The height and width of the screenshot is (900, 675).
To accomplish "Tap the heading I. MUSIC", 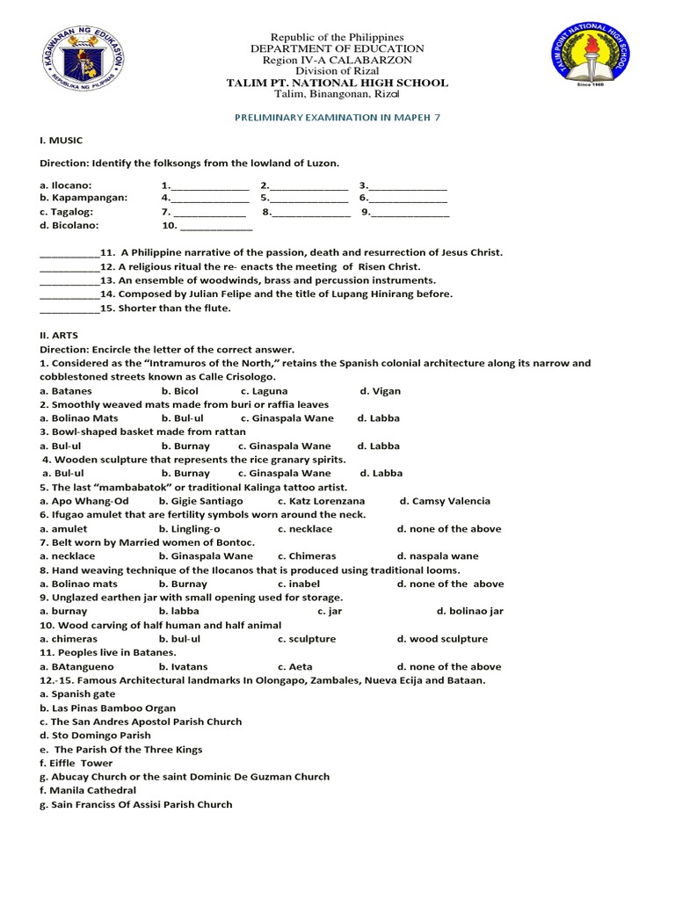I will point(62,140).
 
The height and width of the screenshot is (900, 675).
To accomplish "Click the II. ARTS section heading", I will point(60,335).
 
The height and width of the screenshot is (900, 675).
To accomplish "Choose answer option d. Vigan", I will point(380,390).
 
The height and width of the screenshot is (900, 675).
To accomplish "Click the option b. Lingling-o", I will point(189,528).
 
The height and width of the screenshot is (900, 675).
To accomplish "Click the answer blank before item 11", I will point(69,252).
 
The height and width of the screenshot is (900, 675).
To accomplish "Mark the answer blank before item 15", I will point(69,308).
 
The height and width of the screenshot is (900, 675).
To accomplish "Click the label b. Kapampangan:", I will point(83,198).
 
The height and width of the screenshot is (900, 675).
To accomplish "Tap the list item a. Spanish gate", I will point(77,693).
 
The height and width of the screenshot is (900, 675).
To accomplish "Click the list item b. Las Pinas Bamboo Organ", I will point(107,708).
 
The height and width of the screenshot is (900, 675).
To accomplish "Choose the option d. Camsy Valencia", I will point(445,501).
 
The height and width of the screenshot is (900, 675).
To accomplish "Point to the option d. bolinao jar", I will point(469,611).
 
